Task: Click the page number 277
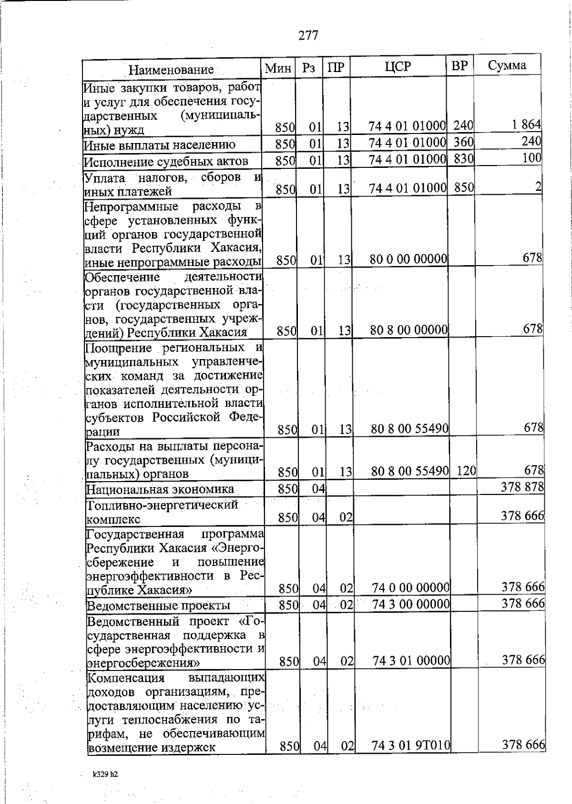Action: [308, 35]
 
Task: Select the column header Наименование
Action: [171, 70]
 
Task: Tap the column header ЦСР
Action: [398, 67]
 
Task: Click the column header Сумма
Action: [507, 65]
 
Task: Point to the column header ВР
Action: [460, 66]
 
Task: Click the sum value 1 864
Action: [526, 125]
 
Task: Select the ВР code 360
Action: [463, 142]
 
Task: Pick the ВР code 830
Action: [463, 158]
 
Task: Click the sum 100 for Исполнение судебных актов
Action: [531, 158]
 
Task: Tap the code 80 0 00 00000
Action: [409, 259]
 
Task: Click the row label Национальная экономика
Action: [160, 489]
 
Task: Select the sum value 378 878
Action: [522, 487]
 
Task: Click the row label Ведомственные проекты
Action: [158, 606]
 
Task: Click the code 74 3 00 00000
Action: [411, 604]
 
